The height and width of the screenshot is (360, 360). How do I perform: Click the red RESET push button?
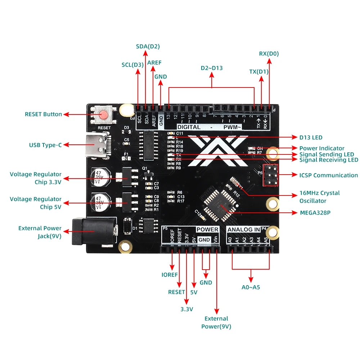103,115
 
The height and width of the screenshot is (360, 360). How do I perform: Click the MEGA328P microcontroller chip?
219,204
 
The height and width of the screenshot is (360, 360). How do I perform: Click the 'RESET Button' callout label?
43,114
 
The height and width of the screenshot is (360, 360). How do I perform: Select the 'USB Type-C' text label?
45,145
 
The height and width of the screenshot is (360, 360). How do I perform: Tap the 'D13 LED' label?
311,137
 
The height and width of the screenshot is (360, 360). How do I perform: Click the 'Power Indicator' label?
321,148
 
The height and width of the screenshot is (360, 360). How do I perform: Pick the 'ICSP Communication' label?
328,175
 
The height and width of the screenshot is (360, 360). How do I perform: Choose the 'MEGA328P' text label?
315,212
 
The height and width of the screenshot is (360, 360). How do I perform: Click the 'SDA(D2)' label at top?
148,46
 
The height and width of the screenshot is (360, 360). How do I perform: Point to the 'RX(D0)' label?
269,54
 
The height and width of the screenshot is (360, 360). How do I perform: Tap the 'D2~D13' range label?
212,68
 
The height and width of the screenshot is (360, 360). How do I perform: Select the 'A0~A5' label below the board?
251,287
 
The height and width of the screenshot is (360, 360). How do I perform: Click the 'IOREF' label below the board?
170,275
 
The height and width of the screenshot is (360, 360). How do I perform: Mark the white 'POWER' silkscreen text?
207,229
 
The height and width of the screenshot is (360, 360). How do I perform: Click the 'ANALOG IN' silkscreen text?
244,229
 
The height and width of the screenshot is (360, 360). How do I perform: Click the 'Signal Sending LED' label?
327,154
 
